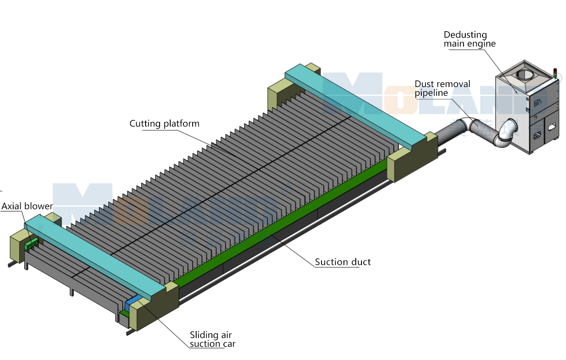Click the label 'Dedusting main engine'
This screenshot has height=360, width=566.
(x=469, y=39)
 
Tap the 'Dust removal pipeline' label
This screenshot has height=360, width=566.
(x=442, y=88)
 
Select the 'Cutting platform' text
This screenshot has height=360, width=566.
(x=164, y=124)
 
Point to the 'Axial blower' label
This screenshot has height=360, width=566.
(x=27, y=206)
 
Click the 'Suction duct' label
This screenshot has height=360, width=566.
(x=343, y=262)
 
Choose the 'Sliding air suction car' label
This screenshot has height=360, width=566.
(x=212, y=339)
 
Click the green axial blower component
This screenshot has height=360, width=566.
(x=32, y=244)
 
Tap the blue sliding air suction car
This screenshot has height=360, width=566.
(x=133, y=303)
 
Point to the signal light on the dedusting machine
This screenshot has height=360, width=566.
(x=555, y=72)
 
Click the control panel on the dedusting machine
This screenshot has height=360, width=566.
(x=537, y=104)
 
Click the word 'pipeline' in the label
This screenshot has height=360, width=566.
(x=431, y=93)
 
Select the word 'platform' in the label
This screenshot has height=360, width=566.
(x=181, y=124)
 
